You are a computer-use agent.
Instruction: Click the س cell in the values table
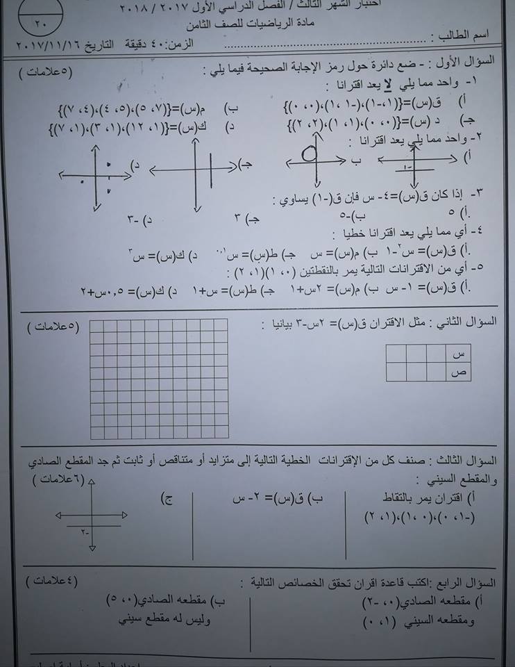tap(457, 354)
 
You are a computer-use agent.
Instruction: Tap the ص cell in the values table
tap(457, 373)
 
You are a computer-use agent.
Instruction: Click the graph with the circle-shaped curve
tap(316, 164)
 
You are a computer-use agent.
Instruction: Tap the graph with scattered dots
tap(95, 174)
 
